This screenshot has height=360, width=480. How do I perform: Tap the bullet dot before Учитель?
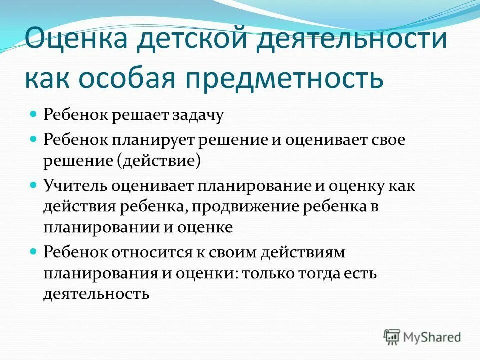34,184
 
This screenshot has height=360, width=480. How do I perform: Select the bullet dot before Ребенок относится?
34,251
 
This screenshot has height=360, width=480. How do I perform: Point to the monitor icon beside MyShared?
392,336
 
